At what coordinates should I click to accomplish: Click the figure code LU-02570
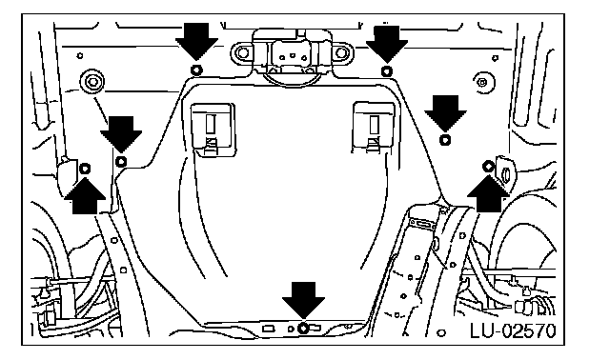pos(513,331)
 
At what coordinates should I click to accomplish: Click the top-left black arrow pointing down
pos(196,41)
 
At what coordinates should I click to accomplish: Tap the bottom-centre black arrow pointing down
pos(303,300)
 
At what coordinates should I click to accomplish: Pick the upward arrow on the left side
pos(85,195)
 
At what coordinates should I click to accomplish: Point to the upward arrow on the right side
pos(488,193)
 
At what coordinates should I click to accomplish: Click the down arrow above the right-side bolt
pos(445,113)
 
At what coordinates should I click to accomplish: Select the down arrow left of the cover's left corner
pos(121,134)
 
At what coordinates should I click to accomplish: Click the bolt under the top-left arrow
pos(196,70)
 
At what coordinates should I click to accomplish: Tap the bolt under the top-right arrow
pos(386,71)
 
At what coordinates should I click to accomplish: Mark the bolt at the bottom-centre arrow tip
pos(303,329)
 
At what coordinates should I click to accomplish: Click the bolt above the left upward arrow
pos(85,169)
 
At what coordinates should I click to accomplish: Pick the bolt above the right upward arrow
pos(488,167)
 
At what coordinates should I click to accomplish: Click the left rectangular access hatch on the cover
pos(213,130)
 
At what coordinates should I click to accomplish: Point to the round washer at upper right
pos(483,83)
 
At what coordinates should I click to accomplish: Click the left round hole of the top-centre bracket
pos(243,52)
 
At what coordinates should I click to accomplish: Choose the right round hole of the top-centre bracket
pos(341,53)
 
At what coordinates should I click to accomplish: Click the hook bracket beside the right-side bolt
pos(505,171)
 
